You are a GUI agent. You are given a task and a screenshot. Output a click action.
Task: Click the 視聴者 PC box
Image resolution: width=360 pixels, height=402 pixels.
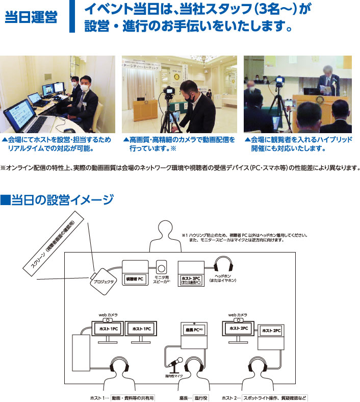pos(134,275)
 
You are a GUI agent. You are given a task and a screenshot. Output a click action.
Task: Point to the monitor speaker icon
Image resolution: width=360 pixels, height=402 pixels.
pos(162,268)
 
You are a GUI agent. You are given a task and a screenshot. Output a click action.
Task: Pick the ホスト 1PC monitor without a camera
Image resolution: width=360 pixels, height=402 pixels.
pos(141,330)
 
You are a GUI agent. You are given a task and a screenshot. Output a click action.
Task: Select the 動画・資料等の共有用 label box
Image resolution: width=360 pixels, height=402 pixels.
pos(132,397)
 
